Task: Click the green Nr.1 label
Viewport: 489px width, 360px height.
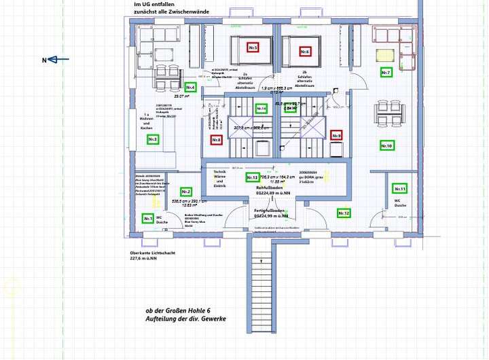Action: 148,218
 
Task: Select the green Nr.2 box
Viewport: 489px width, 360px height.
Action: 185,192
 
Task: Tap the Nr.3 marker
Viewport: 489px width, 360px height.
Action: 153,139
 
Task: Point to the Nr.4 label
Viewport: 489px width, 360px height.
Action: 190,88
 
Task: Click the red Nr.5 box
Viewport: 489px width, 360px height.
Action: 253,48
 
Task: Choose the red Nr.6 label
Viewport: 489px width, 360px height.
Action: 305,52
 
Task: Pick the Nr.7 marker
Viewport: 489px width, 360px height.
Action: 386,72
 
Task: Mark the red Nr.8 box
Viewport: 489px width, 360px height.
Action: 216,140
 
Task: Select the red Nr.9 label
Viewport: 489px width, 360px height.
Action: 336,135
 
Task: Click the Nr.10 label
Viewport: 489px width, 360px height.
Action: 386,145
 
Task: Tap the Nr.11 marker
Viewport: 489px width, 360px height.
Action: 400,188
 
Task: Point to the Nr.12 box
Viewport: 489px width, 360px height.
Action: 344,213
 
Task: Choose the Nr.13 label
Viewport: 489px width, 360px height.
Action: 252,177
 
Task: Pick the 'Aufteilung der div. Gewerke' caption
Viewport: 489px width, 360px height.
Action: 185,319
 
